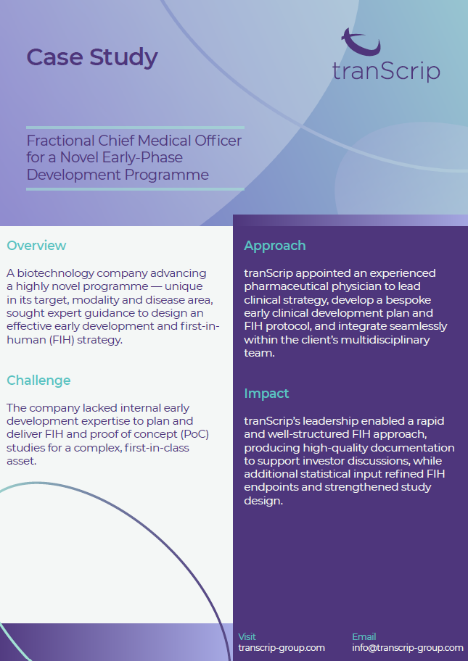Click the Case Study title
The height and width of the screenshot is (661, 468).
(x=92, y=58)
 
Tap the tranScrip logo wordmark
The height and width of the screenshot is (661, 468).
(x=386, y=72)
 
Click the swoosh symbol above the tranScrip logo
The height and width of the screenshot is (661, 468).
(x=361, y=42)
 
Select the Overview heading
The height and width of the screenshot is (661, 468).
(x=36, y=246)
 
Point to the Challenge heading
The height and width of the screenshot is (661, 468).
(x=38, y=381)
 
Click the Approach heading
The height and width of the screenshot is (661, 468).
(x=275, y=246)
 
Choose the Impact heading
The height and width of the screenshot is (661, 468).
(x=266, y=394)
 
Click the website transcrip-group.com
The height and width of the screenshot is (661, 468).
(x=282, y=647)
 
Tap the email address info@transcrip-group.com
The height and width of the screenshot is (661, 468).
(x=408, y=647)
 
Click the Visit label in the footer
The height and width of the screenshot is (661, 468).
(x=247, y=636)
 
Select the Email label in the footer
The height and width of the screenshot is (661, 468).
(x=364, y=636)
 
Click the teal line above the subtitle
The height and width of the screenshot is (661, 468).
(x=135, y=128)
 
